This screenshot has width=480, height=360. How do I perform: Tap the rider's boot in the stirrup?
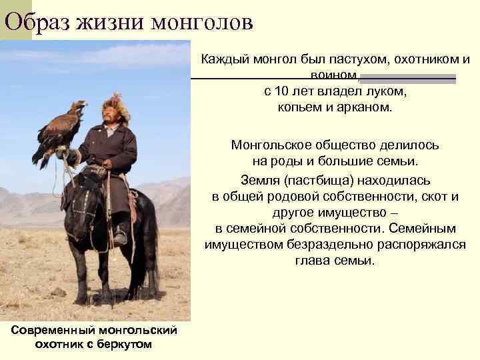click(120, 236)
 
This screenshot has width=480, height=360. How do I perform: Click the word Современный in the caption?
click(51, 330)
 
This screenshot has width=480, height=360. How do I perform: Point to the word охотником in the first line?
click(423, 59)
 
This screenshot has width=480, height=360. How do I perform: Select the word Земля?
click(256, 180)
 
